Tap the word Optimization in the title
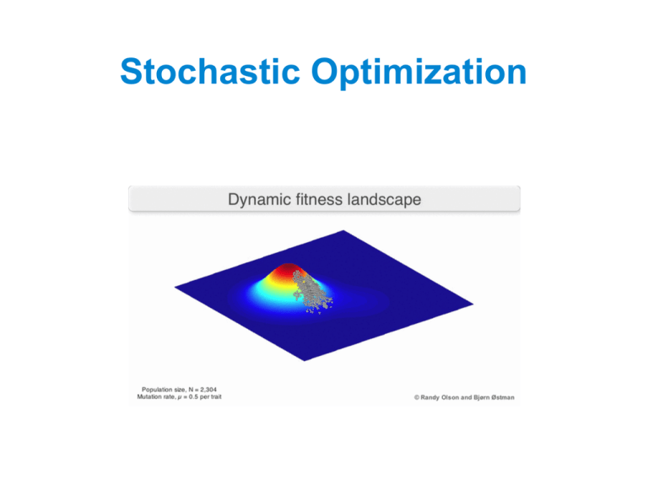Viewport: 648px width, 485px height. (419, 73)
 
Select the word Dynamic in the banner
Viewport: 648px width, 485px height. (257, 200)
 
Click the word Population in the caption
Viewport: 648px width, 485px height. (156, 389)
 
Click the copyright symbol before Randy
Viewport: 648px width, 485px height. (416, 396)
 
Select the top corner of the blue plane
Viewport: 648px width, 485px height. (343, 229)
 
